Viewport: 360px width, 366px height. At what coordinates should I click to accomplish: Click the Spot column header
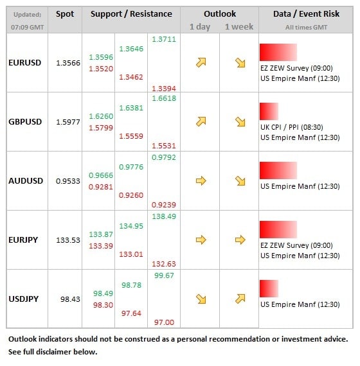pos(65,14)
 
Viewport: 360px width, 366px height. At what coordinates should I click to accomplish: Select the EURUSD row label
pos(25,63)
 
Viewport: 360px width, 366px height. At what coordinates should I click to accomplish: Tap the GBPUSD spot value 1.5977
pos(68,122)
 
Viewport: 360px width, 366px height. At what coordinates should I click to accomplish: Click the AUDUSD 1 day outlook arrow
pos(201,181)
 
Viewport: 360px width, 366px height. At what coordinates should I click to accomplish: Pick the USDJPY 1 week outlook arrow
pos(240,299)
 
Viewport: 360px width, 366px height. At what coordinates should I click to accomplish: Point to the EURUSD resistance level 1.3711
pos(164,39)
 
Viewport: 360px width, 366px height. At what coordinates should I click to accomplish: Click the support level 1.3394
pos(164,89)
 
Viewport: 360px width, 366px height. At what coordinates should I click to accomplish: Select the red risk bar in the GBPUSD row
pos(269,111)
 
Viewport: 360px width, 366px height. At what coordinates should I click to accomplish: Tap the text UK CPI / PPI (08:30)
pos(292,127)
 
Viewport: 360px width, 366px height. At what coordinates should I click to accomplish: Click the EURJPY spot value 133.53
pos(68,240)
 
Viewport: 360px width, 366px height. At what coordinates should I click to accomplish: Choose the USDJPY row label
pos(23,299)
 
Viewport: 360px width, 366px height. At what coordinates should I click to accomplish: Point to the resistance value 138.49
pos(164,216)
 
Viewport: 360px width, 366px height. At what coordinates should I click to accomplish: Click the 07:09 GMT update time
pos(28,28)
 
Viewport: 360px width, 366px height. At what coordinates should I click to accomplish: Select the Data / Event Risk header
pos(306,14)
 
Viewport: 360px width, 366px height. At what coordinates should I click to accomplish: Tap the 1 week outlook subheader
pos(239,26)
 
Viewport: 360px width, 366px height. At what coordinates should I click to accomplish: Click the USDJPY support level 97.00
pos(164,322)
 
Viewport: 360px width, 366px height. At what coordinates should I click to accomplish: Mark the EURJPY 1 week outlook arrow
pos(240,240)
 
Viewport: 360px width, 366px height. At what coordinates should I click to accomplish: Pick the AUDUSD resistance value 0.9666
pos(101,175)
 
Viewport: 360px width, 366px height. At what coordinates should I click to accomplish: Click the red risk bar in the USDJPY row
pos(269,288)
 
